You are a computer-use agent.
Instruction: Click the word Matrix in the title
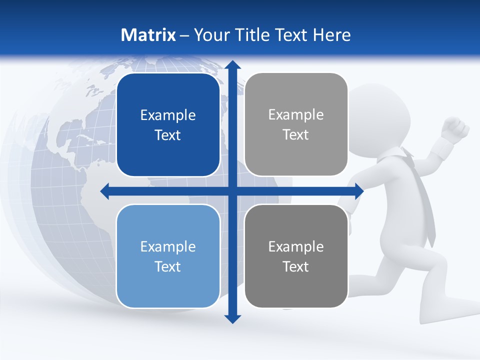point(148,35)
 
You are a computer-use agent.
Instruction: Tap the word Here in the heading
point(331,35)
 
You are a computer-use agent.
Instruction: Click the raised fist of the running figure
point(456,128)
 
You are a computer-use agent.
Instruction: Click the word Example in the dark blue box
point(168,115)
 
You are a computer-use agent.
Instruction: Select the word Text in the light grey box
point(296,135)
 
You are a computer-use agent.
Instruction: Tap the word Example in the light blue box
point(168,247)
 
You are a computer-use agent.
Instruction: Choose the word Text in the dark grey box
point(296,266)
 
